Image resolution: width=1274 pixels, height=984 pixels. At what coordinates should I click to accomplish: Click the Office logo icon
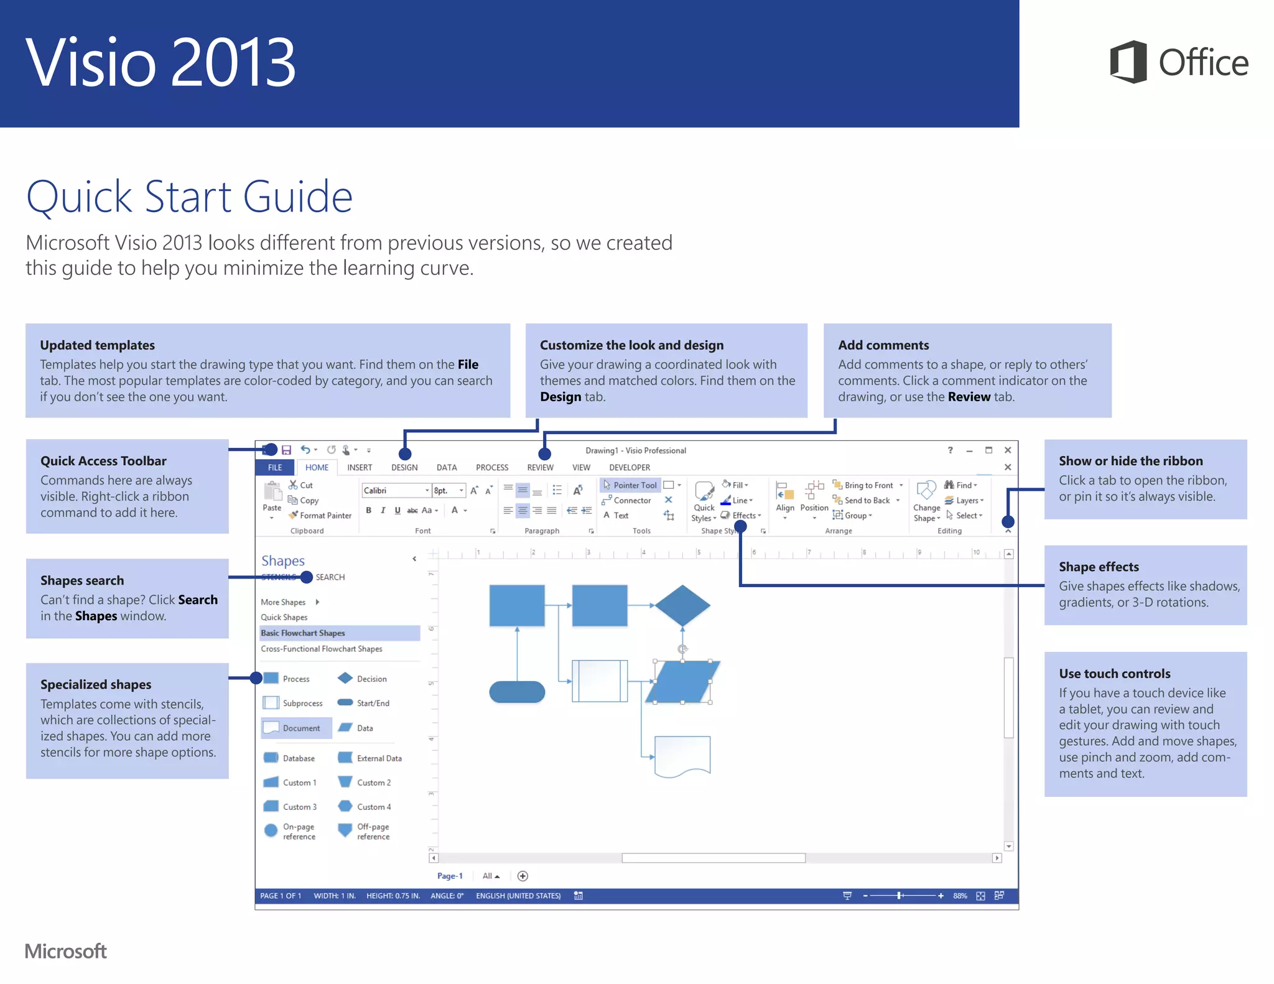pyautogui.click(x=1128, y=62)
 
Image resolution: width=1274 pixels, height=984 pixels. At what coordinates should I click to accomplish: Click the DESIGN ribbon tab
pyautogui.click(x=404, y=468)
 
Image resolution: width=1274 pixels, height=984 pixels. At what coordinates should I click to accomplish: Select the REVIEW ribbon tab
pyautogui.click(x=540, y=468)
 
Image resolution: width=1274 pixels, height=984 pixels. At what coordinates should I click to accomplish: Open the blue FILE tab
pyautogui.click(x=275, y=468)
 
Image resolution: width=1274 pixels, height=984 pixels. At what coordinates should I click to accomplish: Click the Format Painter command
pyautogui.click(x=321, y=516)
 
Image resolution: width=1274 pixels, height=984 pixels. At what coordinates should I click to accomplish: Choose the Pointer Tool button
pyautogui.click(x=631, y=485)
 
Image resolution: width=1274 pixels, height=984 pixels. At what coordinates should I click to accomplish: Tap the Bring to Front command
pyautogui.click(x=868, y=485)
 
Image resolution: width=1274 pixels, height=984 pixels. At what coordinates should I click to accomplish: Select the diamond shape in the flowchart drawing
pyautogui.click(x=682, y=605)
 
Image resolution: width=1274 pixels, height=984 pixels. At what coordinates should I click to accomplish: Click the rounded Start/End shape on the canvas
pyautogui.click(x=517, y=692)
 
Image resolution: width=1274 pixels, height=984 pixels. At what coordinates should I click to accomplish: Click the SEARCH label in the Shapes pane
pyautogui.click(x=330, y=577)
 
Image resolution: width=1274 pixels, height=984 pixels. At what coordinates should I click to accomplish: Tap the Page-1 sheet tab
pyautogui.click(x=450, y=876)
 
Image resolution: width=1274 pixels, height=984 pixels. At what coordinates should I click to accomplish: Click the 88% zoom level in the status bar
pyautogui.click(x=960, y=896)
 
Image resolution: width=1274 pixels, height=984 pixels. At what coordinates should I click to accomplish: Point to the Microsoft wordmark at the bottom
pyautogui.click(x=66, y=951)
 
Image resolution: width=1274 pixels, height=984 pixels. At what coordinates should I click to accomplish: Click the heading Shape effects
pyautogui.click(x=1099, y=567)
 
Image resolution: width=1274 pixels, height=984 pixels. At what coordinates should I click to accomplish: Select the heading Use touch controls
pyautogui.click(x=1114, y=674)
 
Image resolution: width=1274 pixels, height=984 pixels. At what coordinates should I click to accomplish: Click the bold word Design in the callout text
pyautogui.click(x=560, y=397)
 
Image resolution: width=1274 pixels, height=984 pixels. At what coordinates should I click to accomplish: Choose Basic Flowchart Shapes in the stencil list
pyautogui.click(x=303, y=633)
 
